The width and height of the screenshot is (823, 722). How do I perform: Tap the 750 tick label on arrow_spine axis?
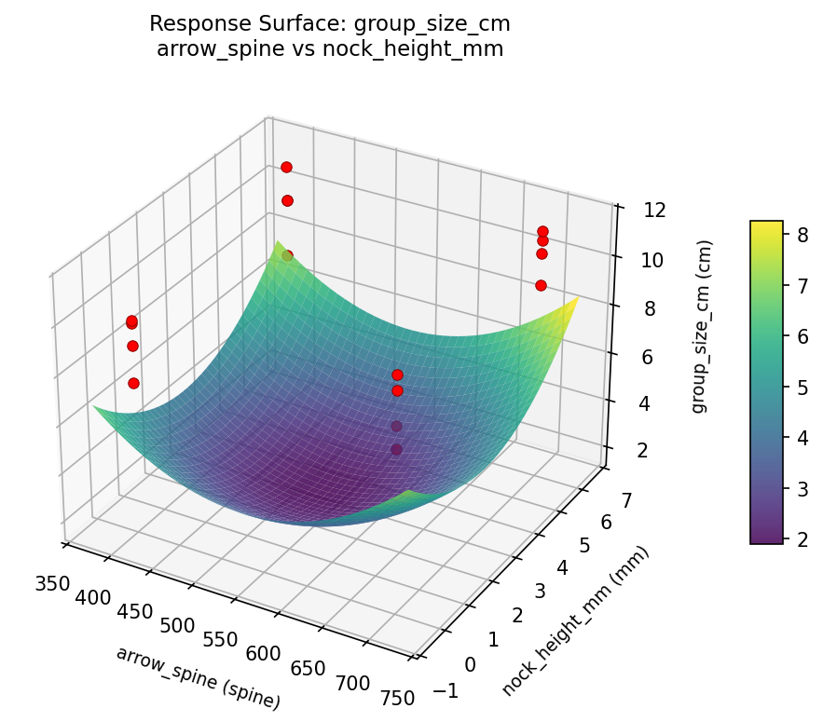396,699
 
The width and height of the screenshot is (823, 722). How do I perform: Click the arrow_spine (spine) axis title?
198,677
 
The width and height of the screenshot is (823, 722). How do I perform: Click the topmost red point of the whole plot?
286,167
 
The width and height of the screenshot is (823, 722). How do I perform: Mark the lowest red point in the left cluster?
133,383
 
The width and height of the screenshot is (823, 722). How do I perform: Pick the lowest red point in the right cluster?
541,285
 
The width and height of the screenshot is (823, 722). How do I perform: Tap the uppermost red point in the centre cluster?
397,375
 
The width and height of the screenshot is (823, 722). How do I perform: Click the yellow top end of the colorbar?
766,225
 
